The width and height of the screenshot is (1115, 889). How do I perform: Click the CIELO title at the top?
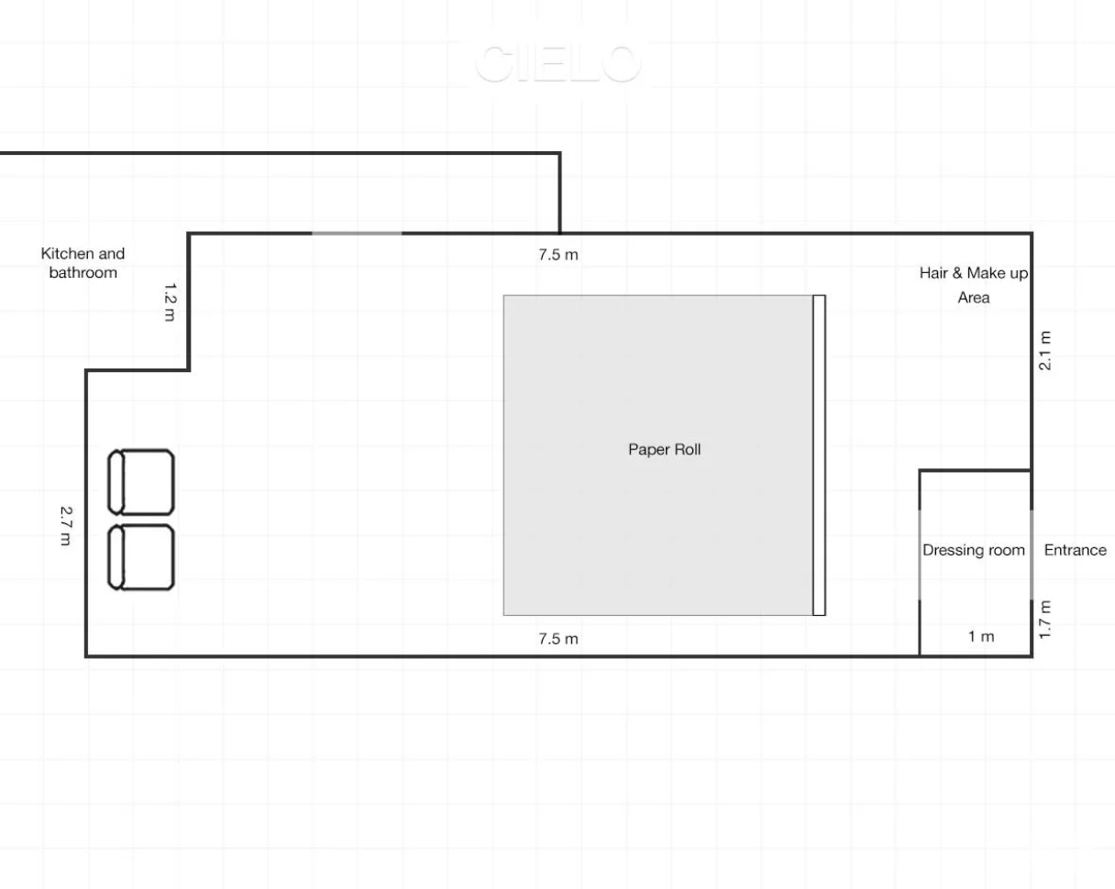(x=557, y=63)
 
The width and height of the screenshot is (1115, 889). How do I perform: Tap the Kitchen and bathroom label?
(x=83, y=263)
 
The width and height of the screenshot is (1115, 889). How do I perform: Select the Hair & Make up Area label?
(x=973, y=285)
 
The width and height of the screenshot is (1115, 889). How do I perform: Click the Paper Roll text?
(x=664, y=450)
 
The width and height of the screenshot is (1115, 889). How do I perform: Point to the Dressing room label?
(x=973, y=551)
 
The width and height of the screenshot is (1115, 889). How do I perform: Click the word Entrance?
(x=1075, y=551)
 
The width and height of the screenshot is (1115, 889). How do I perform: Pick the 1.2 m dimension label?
(x=170, y=302)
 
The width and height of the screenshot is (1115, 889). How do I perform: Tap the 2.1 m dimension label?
(x=1044, y=349)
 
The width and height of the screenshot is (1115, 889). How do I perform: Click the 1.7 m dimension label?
(x=1044, y=618)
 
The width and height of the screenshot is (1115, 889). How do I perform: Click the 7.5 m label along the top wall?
(x=557, y=255)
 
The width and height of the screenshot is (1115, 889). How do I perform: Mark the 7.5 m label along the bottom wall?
(x=557, y=638)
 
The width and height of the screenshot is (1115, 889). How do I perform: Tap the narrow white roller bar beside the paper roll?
(x=819, y=455)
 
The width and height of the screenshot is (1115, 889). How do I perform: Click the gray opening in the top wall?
(x=357, y=234)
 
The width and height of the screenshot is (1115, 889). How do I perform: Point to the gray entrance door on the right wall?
(x=1032, y=554)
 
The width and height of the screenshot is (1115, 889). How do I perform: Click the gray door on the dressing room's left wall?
(x=920, y=554)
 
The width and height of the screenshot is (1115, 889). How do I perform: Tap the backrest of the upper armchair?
(x=116, y=481)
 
